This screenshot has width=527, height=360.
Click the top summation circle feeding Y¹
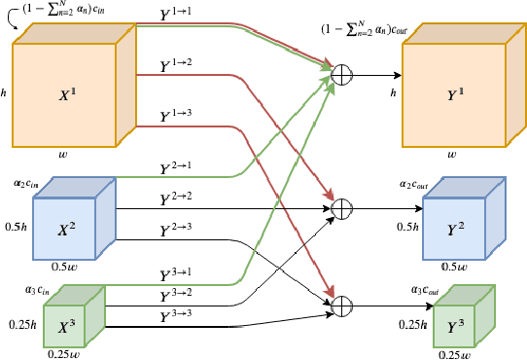tap(341, 74)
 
